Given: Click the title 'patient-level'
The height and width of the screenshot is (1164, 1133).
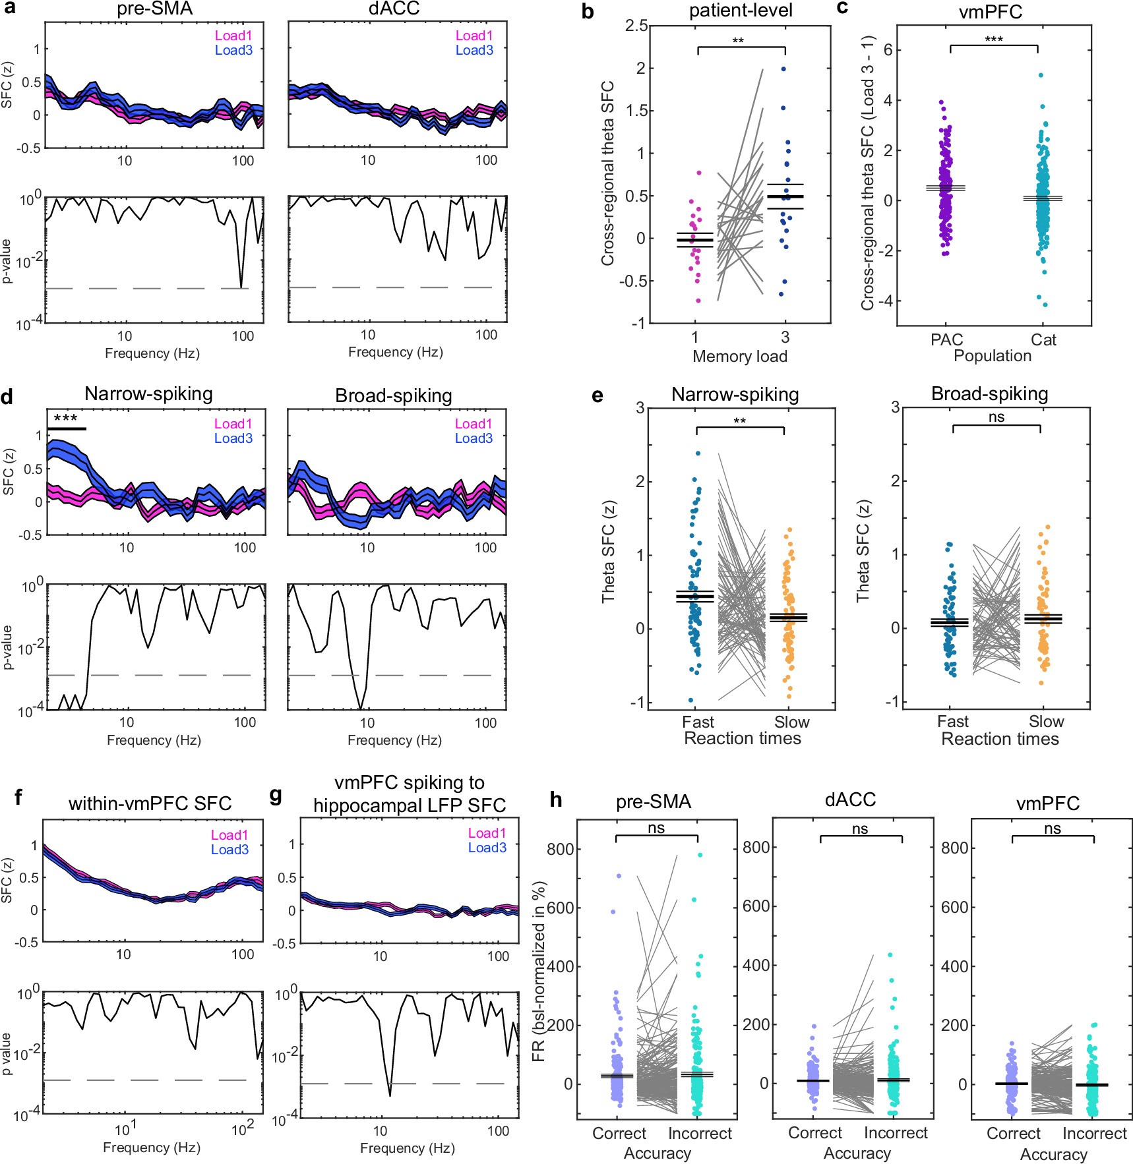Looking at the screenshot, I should [x=741, y=11].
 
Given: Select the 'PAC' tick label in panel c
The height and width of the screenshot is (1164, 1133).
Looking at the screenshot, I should [x=946, y=340].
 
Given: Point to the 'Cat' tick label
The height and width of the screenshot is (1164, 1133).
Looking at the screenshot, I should [x=1043, y=340].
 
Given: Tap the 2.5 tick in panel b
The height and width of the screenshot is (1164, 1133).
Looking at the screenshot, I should [x=636, y=26].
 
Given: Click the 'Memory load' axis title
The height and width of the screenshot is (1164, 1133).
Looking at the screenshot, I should [x=740, y=357].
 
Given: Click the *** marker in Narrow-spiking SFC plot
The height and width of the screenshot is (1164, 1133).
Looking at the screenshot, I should [x=65, y=419].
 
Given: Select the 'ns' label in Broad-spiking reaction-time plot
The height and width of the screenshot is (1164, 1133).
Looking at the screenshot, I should [x=996, y=417].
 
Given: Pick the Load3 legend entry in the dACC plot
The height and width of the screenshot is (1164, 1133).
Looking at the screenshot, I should [x=474, y=50].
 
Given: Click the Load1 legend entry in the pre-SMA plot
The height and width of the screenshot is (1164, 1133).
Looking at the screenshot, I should [x=233, y=36].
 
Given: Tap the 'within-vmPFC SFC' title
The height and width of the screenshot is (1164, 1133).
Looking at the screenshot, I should [x=150, y=803].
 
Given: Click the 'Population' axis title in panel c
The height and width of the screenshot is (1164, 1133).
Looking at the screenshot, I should [x=993, y=356].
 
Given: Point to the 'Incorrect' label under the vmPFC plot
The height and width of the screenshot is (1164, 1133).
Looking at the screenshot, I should [x=1094, y=1134].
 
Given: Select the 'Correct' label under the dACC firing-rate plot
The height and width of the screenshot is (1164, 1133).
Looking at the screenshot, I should [x=815, y=1133].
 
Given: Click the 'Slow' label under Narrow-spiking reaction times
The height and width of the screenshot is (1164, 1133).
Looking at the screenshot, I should [x=791, y=722].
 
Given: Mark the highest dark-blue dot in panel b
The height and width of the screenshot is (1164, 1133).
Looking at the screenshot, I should [x=783, y=69].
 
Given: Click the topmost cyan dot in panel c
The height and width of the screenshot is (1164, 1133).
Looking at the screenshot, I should [x=1041, y=75].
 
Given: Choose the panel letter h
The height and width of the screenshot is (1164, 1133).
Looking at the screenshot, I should [x=557, y=800].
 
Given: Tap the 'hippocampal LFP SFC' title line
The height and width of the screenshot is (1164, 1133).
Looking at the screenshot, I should [x=409, y=805].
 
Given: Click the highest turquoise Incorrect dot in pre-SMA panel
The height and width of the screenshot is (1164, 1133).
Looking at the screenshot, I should [x=700, y=855].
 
